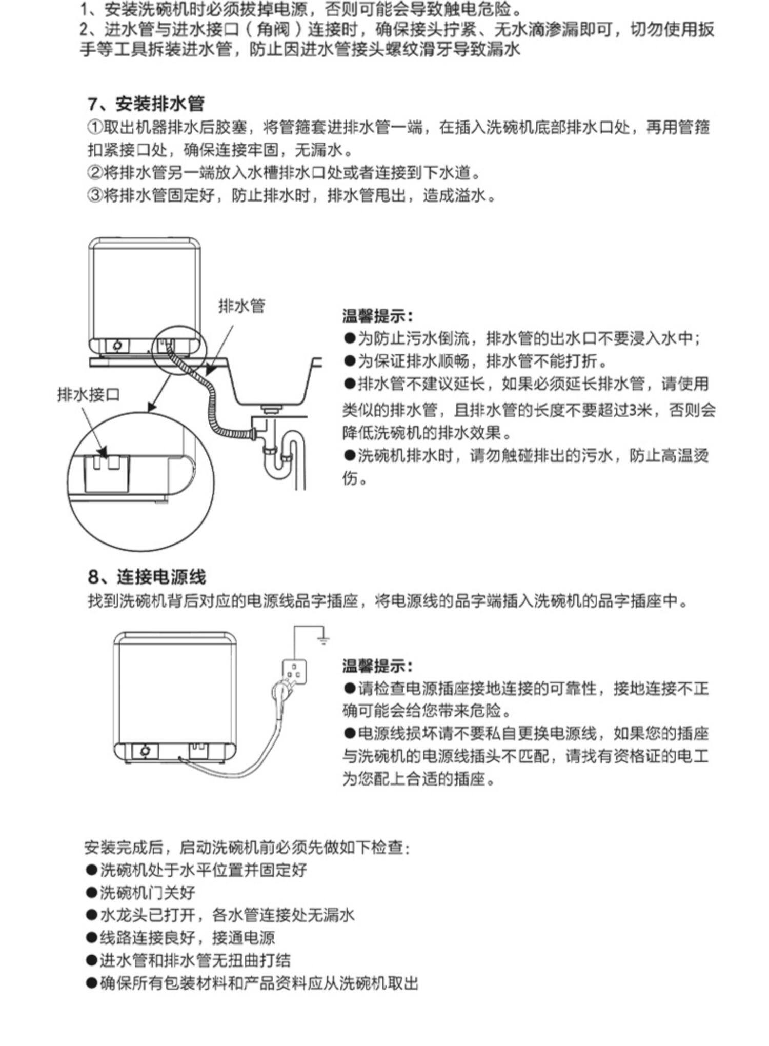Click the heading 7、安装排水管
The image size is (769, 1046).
point(146,104)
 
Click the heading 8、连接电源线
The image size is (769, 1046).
point(147,577)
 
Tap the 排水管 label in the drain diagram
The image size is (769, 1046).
point(241,306)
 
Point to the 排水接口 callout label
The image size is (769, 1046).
point(88,394)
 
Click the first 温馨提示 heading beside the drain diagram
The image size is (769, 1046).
point(377,316)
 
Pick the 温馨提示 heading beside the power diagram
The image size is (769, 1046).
point(377,666)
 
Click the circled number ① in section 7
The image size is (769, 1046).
point(95,127)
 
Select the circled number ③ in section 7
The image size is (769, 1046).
point(95,195)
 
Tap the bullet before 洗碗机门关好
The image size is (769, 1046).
point(91,892)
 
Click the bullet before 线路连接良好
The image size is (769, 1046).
point(91,937)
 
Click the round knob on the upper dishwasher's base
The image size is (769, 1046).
point(117,346)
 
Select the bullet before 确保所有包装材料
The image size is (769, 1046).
point(91,982)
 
